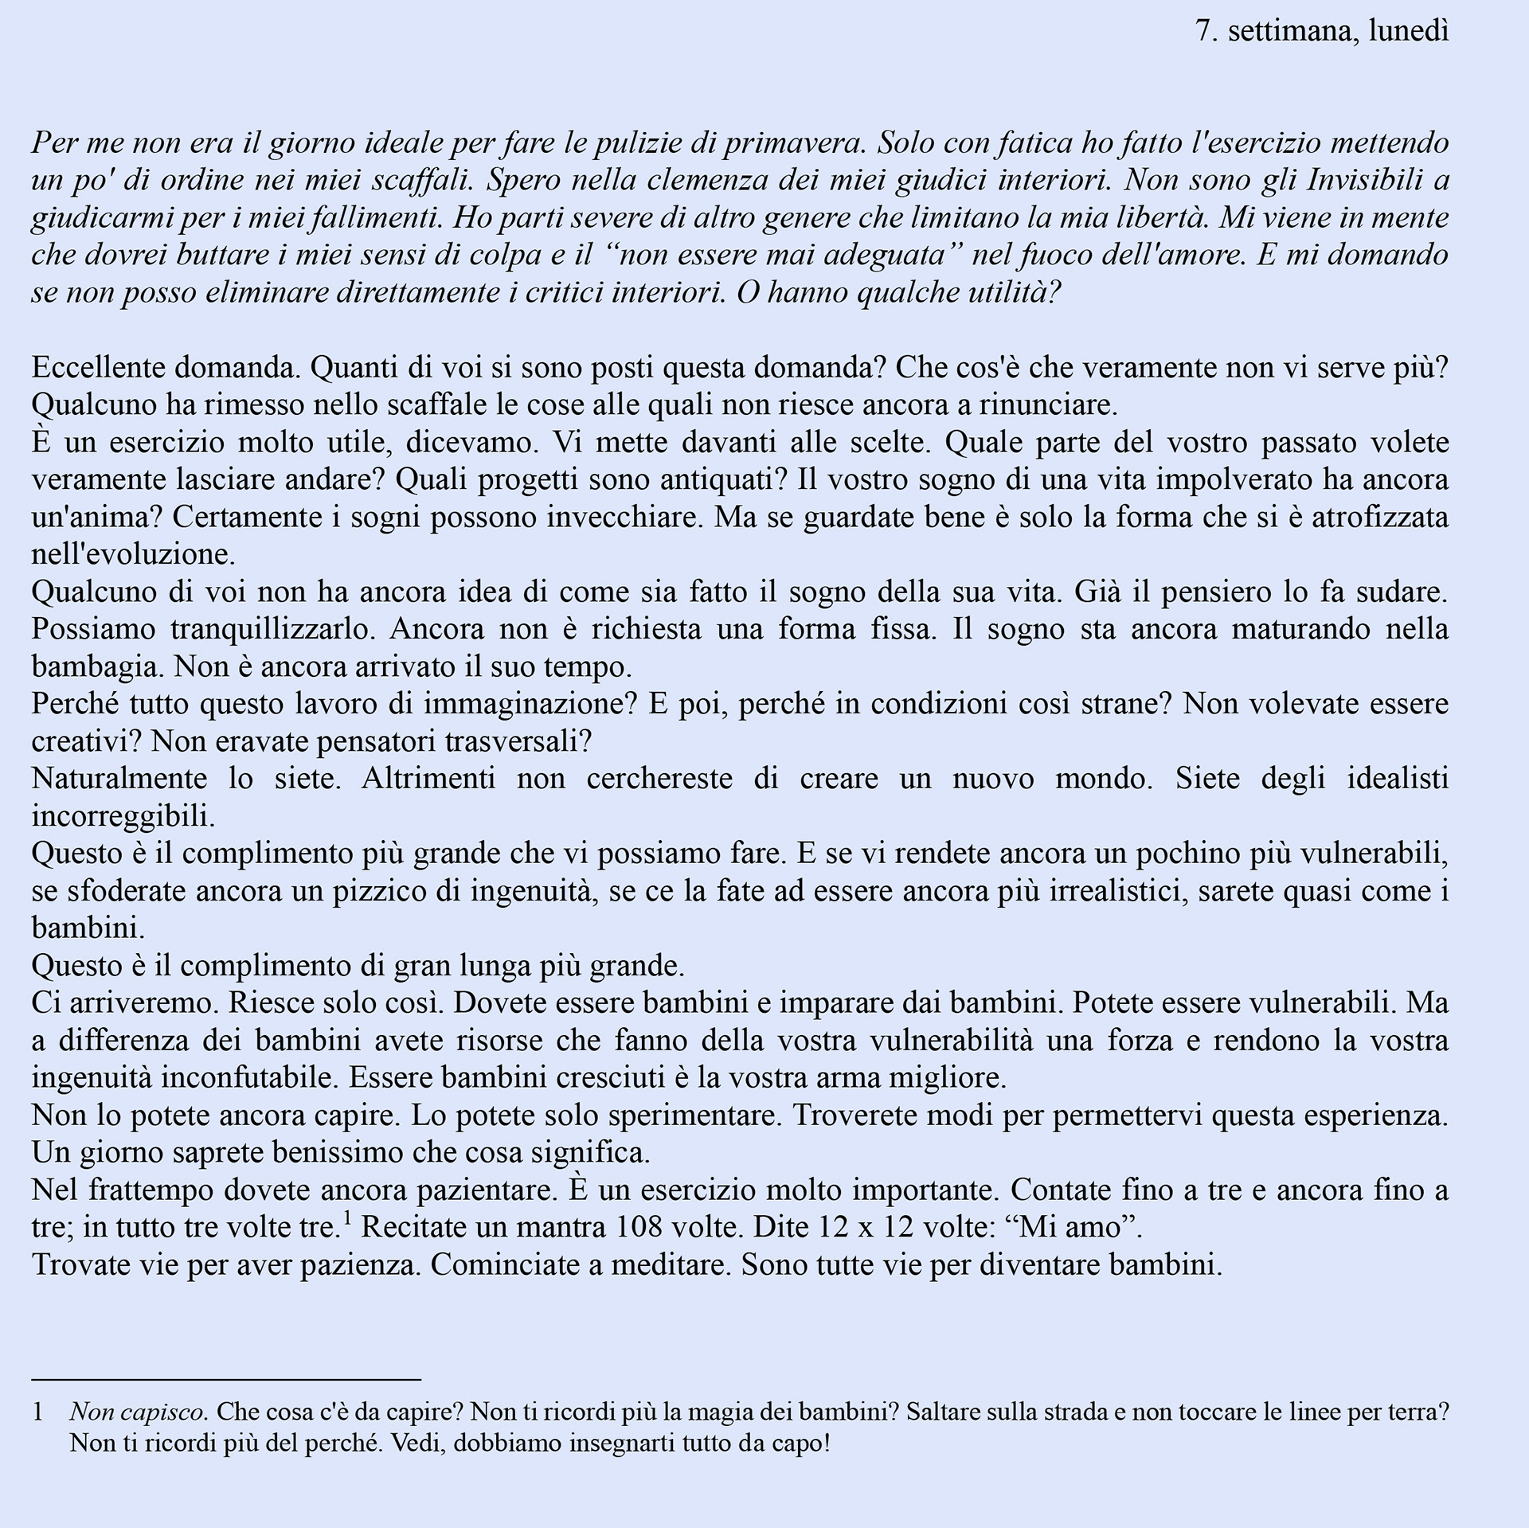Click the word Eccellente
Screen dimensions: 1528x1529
[x=98, y=368]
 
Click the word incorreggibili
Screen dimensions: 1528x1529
[x=123, y=816]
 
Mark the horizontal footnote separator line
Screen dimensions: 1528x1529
[x=226, y=1378]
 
